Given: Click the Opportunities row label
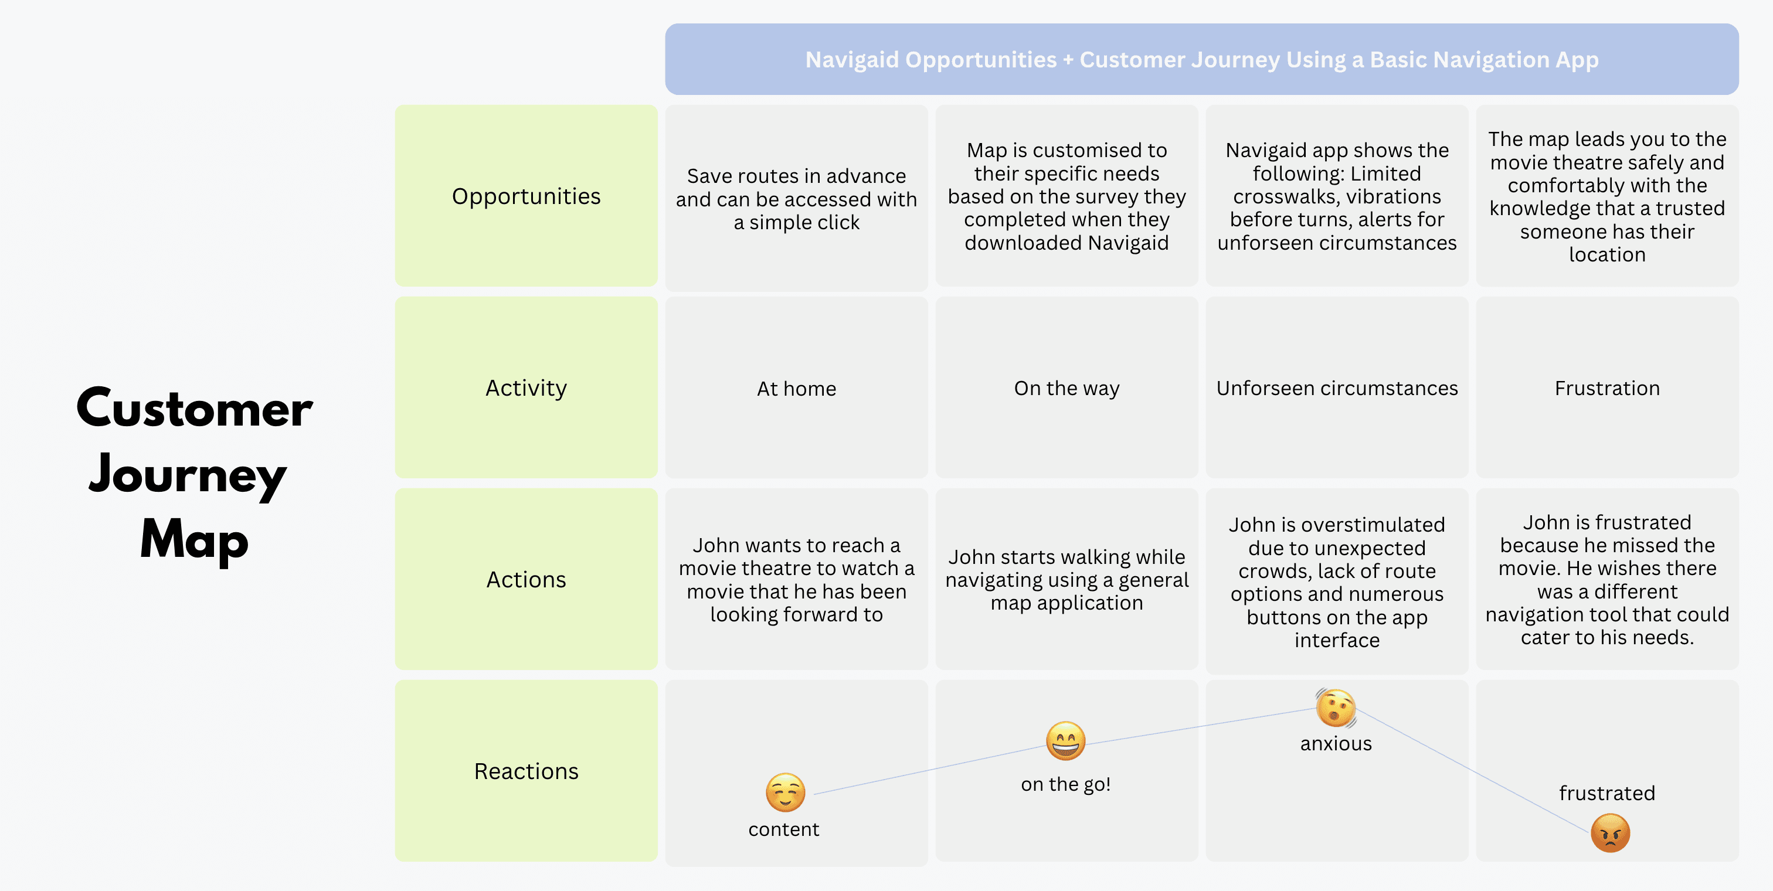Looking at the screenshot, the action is [x=526, y=196].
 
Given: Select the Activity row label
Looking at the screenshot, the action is [x=526, y=387].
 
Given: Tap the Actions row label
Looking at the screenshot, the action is [x=526, y=579].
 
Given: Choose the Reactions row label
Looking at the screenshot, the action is [x=526, y=771].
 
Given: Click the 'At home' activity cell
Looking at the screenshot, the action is [x=796, y=387].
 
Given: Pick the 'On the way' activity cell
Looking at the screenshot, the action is [x=1067, y=387].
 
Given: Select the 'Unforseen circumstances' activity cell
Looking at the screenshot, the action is [x=1337, y=387].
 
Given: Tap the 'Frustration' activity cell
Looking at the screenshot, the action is [x=1607, y=387].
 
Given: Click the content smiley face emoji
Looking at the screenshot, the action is [x=785, y=793].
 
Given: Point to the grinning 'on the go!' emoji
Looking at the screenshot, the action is [x=1065, y=741].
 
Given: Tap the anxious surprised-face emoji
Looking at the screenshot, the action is [x=1336, y=708].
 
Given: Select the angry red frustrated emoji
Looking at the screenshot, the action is [x=1611, y=833].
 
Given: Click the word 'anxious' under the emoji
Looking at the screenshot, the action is [x=1336, y=744].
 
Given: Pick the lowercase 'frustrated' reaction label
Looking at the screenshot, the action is [x=1607, y=793].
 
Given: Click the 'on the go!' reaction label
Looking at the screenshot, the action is [x=1065, y=784].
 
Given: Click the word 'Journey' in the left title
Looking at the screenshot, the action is [x=187, y=475].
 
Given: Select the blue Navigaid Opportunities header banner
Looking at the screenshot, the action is [x=1202, y=59].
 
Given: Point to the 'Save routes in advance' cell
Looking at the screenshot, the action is [x=796, y=196].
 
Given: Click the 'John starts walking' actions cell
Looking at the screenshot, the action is [x=1067, y=579].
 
